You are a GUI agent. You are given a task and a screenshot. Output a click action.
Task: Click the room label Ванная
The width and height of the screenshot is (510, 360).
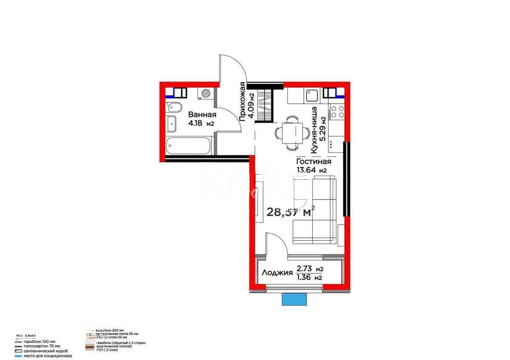(x=202, y=115)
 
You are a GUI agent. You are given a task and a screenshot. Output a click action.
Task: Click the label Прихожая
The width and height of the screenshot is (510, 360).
(x=242, y=102)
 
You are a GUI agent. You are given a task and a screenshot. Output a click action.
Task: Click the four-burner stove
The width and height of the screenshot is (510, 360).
(x=338, y=111)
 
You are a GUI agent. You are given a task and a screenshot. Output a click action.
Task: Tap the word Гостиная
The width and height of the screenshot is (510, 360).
(x=314, y=162)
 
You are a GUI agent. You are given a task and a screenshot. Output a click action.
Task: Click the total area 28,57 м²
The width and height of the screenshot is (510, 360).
(x=291, y=211)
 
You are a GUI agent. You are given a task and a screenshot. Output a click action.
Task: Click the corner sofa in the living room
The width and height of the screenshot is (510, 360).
(x=314, y=213)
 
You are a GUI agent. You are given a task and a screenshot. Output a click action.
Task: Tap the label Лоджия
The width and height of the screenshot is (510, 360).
(x=277, y=273)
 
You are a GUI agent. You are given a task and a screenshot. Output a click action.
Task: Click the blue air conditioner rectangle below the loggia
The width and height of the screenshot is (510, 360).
(x=295, y=299)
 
